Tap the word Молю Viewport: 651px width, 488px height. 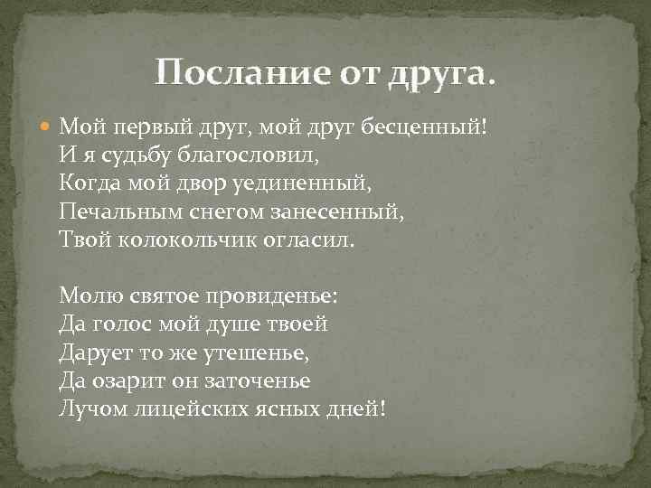tap(88, 296)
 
